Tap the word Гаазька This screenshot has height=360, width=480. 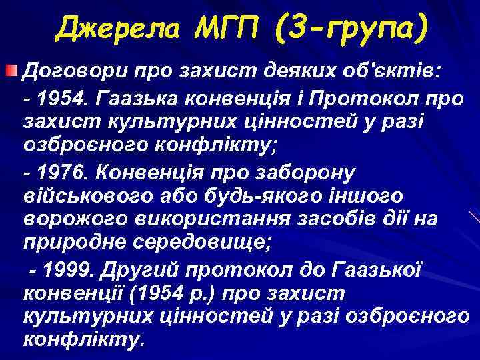coord(136,99)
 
